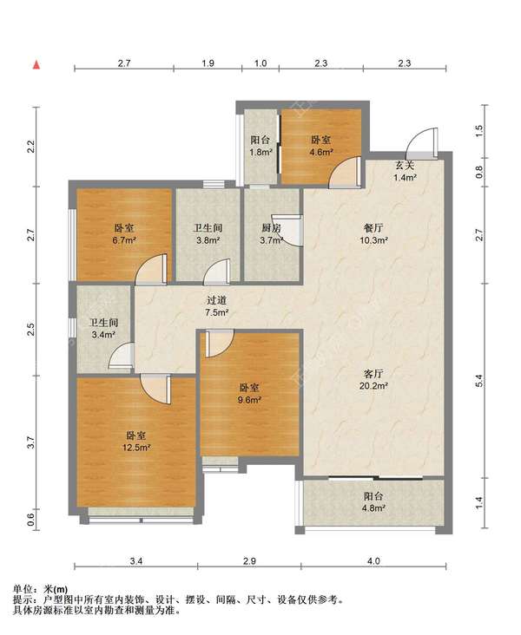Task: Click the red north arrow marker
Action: click(x=36, y=65)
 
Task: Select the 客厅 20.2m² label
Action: click(x=373, y=380)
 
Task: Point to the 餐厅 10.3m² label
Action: click(x=373, y=234)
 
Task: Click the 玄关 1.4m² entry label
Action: click(x=405, y=171)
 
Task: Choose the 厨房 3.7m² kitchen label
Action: click(x=271, y=234)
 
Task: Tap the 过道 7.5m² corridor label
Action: click(x=216, y=306)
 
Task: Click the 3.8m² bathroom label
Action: click(x=208, y=234)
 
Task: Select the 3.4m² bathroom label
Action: click(x=104, y=329)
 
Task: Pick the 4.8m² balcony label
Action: click(x=374, y=501)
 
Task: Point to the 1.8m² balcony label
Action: click(x=260, y=147)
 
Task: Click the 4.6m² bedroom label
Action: click(x=321, y=147)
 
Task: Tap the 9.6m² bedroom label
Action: click(x=249, y=394)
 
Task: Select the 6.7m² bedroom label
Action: click(x=124, y=234)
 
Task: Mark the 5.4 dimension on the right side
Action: click(x=479, y=380)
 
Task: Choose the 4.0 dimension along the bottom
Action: click(x=374, y=561)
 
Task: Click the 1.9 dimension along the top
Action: click(x=208, y=63)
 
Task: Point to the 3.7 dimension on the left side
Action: click(x=32, y=442)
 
